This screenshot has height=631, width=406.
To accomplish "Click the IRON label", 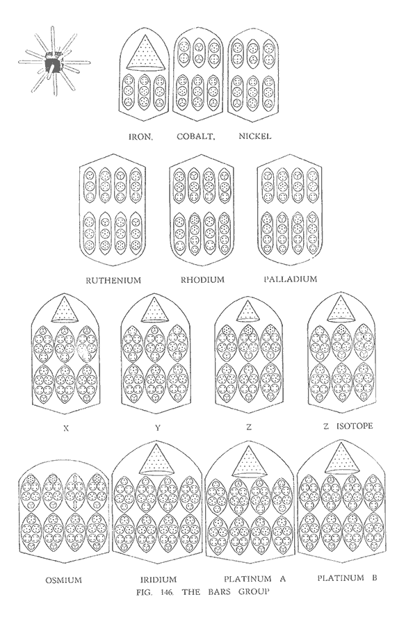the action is pyautogui.click(x=140, y=136).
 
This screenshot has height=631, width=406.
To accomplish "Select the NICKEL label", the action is pyautogui.click(x=255, y=136).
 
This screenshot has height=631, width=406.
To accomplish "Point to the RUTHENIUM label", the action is pyautogui.click(x=113, y=280).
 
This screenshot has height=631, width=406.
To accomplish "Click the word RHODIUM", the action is pyautogui.click(x=202, y=279).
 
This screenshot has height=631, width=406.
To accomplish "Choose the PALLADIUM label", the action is pyautogui.click(x=291, y=279).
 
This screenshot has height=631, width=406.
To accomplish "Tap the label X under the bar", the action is pyautogui.click(x=67, y=429).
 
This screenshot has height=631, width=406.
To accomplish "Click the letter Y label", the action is pyautogui.click(x=158, y=428).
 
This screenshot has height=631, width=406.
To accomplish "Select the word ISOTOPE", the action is pyautogui.click(x=355, y=426).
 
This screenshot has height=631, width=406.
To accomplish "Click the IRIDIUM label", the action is pyautogui.click(x=159, y=580).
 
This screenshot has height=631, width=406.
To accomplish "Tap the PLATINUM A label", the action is pyautogui.click(x=254, y=579).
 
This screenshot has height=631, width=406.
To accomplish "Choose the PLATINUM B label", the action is pyautogui.click(x=347, y=578).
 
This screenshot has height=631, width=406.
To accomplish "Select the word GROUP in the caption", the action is pyautogui.click(x=253, y=592).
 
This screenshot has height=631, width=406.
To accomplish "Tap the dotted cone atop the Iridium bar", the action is pyautogui.click(x=156, y=459).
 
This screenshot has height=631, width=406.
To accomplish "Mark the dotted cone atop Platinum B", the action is pyautogui.click(x=341, y=459).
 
